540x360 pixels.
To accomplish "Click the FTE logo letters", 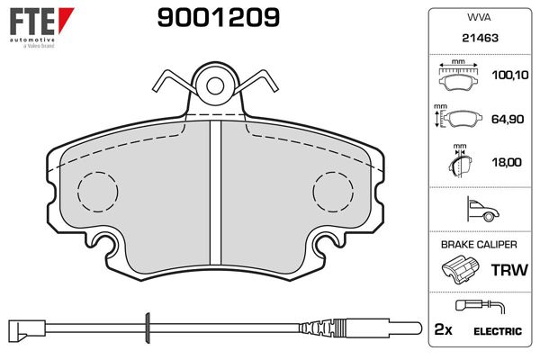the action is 32,21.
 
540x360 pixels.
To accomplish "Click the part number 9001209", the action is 219,18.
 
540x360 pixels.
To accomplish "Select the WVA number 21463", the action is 480,38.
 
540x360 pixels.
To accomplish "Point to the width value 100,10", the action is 510,75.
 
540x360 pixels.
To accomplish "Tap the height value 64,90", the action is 508,119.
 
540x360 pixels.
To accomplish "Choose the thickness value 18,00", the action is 507,162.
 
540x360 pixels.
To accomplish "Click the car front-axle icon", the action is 482,209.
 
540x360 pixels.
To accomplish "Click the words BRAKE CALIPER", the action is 479,245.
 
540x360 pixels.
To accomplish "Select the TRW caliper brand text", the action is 509,270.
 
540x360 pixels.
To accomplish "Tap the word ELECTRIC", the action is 498,331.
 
